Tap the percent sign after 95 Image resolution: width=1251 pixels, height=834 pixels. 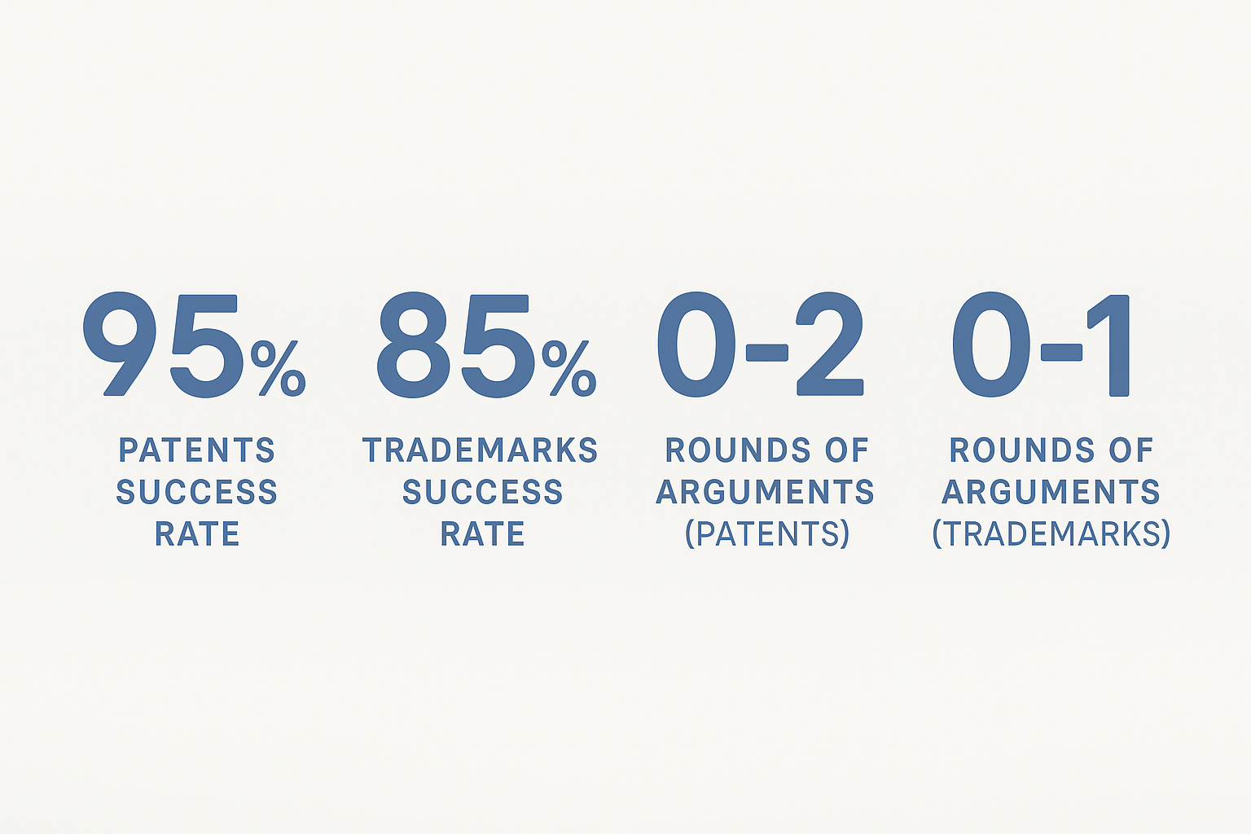click(x=278, y=368)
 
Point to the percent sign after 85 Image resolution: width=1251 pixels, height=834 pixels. click(x=569, y=368)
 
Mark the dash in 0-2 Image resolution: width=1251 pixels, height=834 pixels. click(x=766, y=353)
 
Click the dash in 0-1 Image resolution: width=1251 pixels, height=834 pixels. click(x=1061, y=353)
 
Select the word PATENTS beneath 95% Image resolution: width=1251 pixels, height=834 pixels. click(x=196, y=450)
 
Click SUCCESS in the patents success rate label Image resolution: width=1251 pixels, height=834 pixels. click(x=196, y=492)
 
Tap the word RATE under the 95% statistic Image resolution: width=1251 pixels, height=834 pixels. click(x=197, y=533)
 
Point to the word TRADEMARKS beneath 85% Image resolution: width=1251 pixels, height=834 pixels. click(x=481, y=450)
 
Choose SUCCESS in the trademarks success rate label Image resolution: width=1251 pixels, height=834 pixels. click(x=482, y=492)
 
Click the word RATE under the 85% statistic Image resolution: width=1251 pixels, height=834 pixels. click(x=482, y=533)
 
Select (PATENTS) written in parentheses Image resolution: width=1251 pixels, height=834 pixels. click(x=766, y=533)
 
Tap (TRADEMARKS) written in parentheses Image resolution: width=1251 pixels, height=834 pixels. click(x=1051, y=533)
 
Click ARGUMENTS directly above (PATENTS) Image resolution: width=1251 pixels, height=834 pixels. click(x=765, y=492)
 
